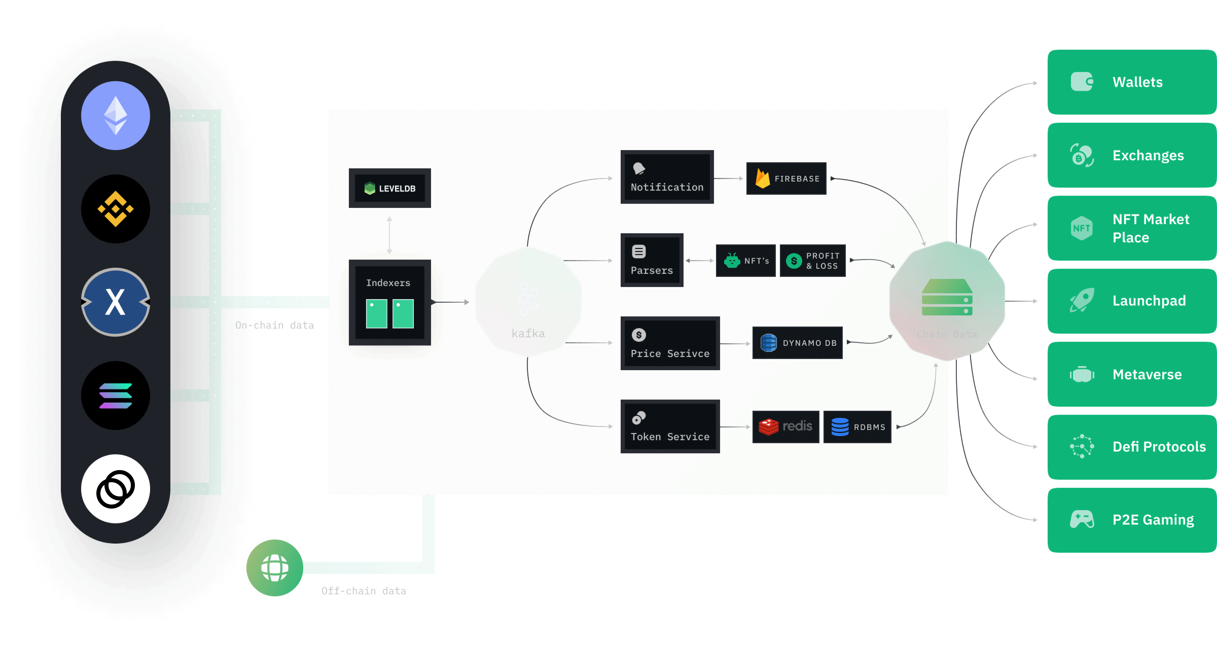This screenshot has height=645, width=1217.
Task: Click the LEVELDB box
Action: click(x=390, y=188)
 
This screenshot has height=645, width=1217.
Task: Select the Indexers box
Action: click(x=390, y=302)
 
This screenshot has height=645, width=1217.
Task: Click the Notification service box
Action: click(x=667, y=177)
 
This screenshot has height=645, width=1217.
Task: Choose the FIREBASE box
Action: click(x=786, y=178)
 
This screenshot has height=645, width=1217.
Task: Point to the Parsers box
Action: click(x=652, y=260)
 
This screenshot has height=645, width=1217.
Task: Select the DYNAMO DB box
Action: click(x=797, y=343)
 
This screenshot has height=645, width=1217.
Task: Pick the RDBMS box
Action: click(x=857, y=427)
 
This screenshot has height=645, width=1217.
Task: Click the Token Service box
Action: click(x=670, y=427)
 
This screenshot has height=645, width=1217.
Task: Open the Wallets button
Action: click(x=1132, y=82)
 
